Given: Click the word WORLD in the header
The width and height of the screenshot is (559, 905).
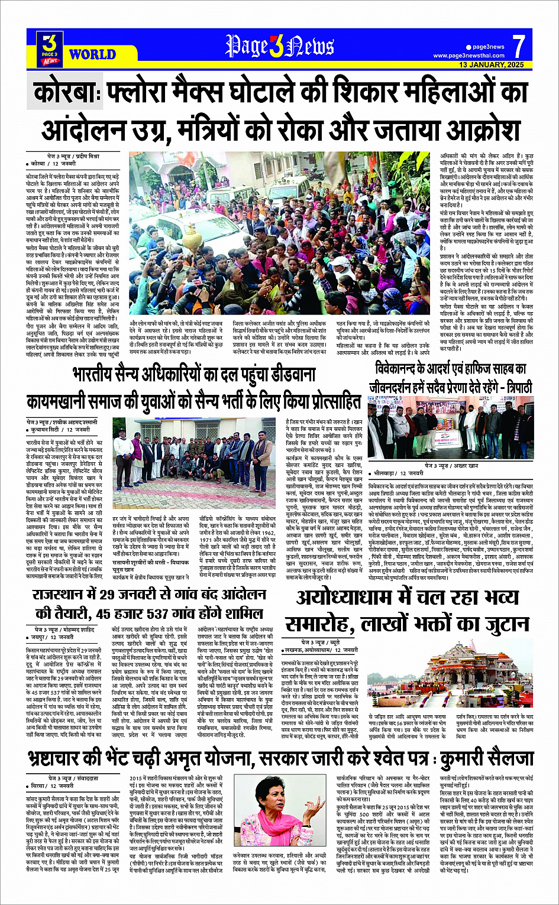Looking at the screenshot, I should click(x=92, y=54).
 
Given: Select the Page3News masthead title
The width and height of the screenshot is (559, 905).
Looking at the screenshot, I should click(x=279, y=46).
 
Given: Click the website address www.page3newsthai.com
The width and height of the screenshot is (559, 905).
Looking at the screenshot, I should click(x=468, y=56).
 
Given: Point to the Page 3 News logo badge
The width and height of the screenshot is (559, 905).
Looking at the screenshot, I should click(x=50, y=47).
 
